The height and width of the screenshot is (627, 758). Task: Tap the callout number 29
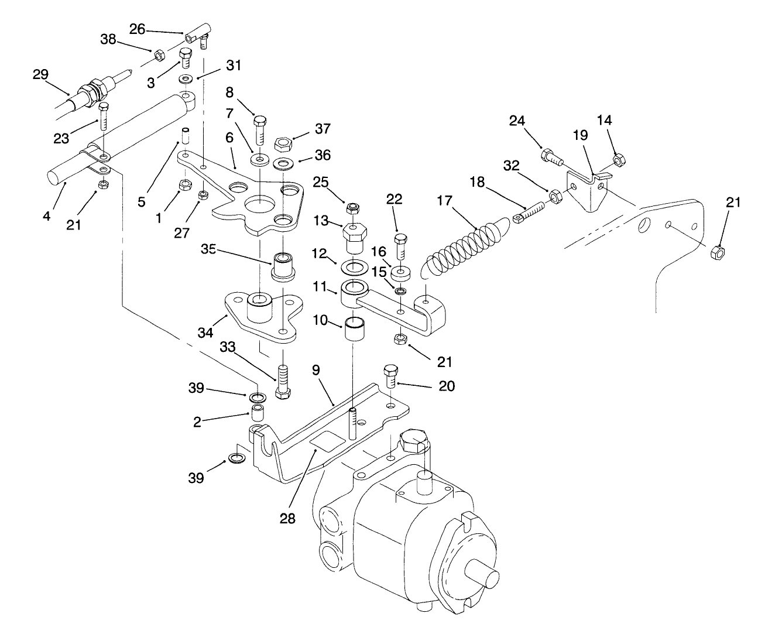click(41, 75)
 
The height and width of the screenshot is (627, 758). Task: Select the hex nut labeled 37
click(283, 142)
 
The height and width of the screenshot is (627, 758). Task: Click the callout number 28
click(287, 518)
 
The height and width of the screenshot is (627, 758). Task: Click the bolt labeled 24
click(551, 156)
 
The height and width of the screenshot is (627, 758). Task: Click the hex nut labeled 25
click(352, 208)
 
